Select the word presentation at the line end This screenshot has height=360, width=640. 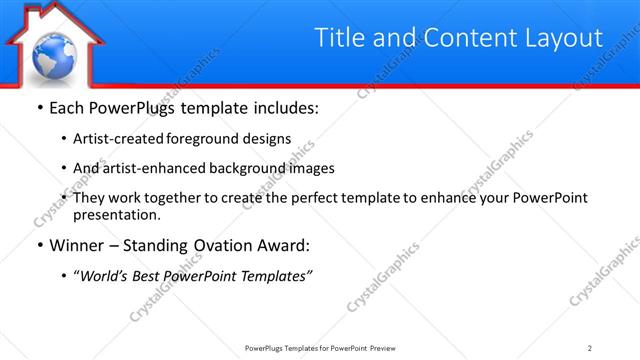click(x=116, y=215)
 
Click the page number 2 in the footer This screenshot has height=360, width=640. click(x=590, y=348)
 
